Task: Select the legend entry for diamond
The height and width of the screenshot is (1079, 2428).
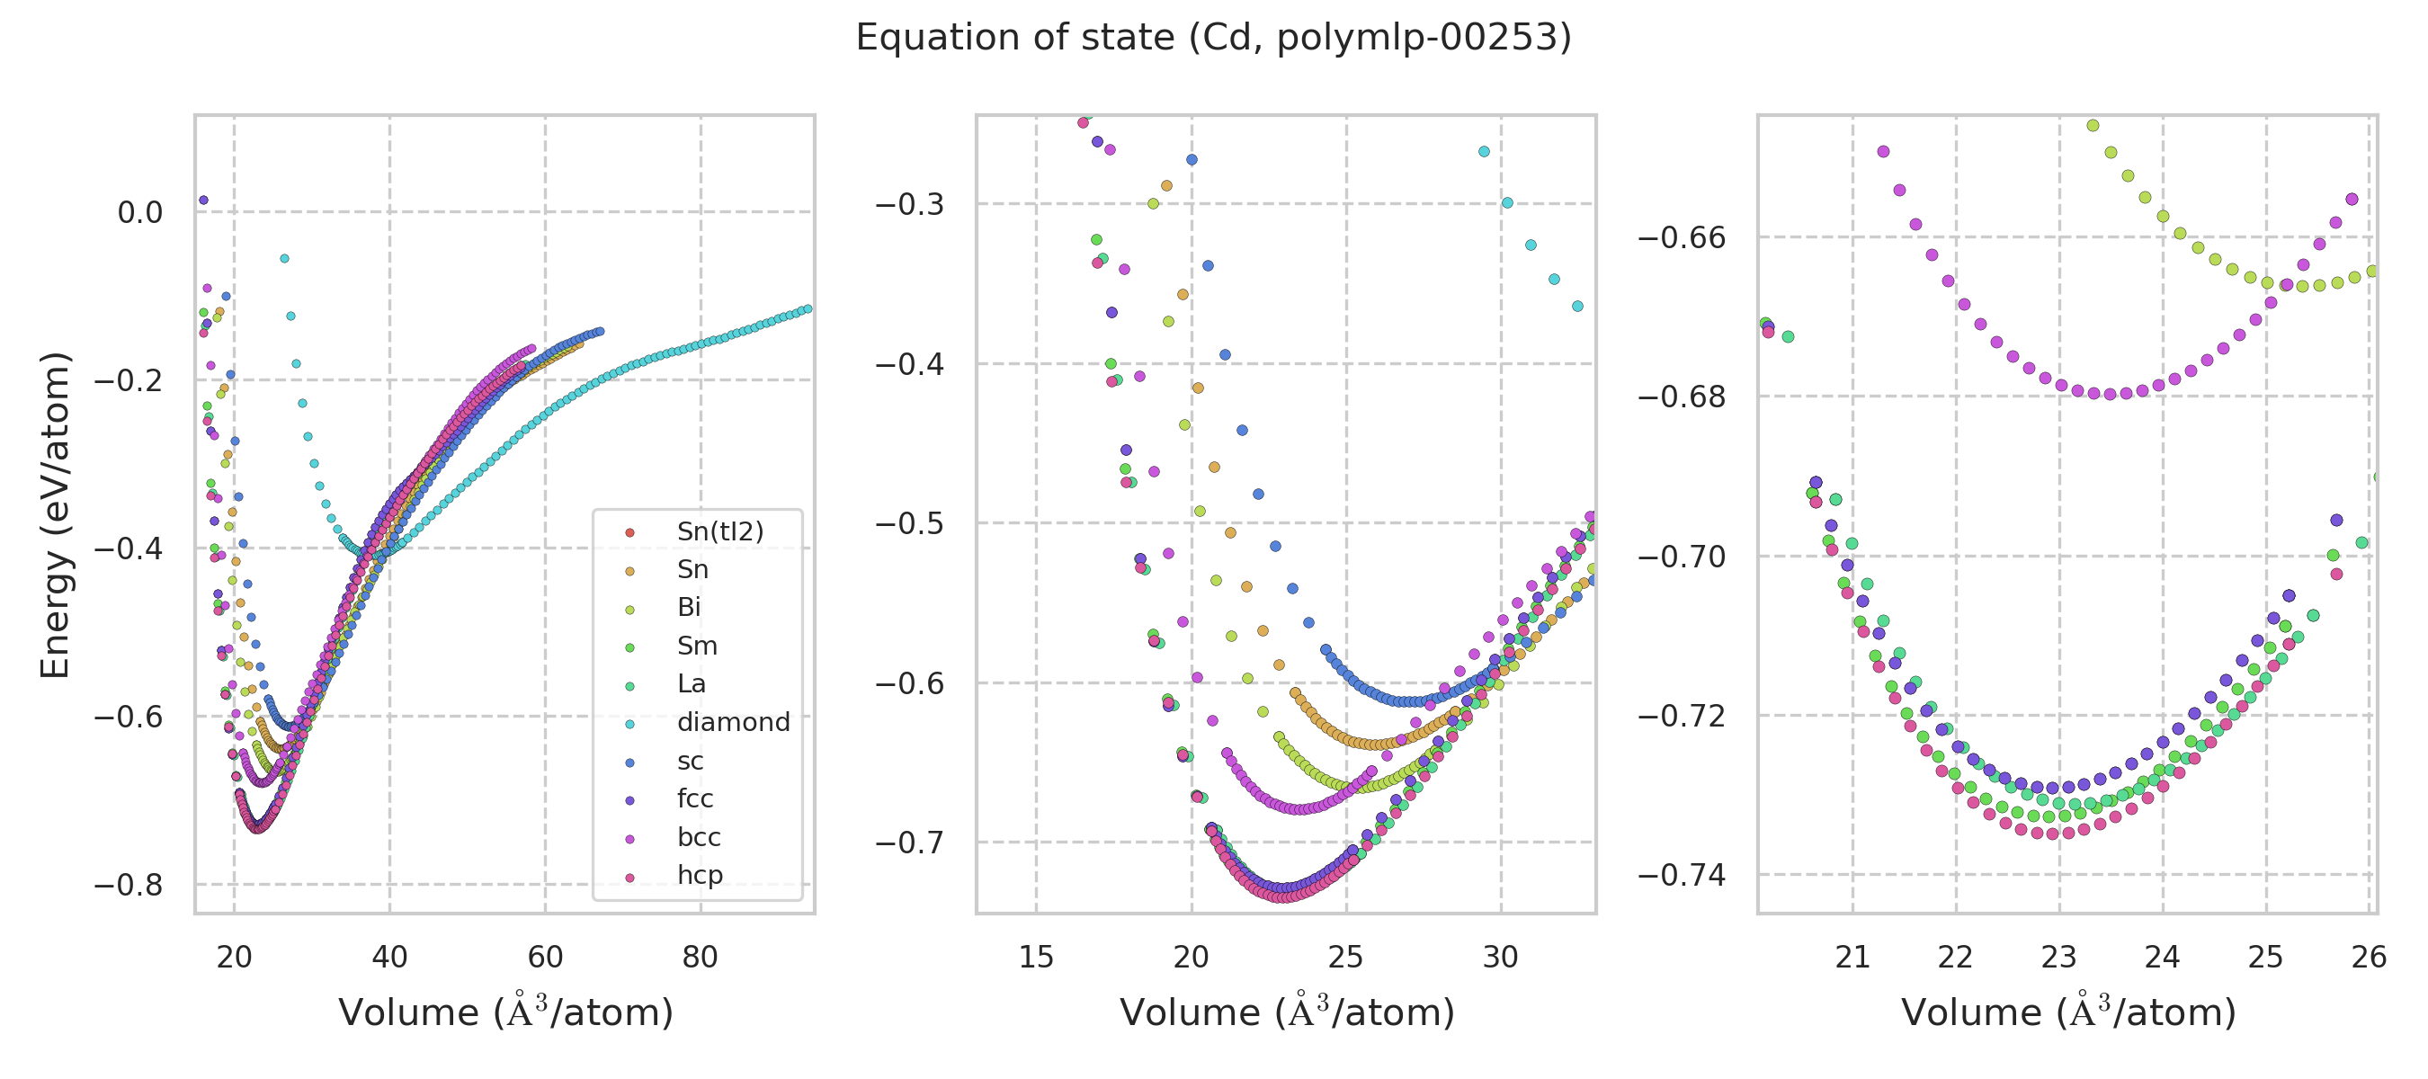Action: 732,723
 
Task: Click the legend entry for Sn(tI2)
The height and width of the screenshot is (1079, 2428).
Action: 719,531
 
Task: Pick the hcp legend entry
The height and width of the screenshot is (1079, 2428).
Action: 700,876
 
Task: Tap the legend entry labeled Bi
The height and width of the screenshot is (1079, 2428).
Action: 688,608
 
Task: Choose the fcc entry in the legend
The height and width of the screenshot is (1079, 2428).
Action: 694,799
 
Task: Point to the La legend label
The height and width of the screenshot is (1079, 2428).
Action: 691,684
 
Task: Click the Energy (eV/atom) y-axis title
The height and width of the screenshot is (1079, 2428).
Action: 55,514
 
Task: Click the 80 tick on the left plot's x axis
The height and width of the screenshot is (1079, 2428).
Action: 700,958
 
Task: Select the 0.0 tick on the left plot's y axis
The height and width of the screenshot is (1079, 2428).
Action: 139,213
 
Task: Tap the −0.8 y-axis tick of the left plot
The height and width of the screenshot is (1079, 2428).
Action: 129,886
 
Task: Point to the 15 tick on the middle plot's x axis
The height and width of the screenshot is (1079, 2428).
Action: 1036,958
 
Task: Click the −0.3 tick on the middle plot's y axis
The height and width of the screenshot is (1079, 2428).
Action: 909,204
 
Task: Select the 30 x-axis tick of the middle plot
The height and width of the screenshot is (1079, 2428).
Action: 1501,958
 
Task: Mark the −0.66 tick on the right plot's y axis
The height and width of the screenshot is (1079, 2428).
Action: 1682,237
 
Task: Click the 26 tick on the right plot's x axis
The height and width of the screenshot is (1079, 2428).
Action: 2369,958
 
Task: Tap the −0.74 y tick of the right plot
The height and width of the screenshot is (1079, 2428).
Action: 1682,876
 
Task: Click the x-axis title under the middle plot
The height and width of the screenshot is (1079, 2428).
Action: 1287,1013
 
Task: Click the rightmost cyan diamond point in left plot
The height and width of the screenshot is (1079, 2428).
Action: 808,309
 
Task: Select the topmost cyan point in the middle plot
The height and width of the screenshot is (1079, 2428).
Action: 1485,152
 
